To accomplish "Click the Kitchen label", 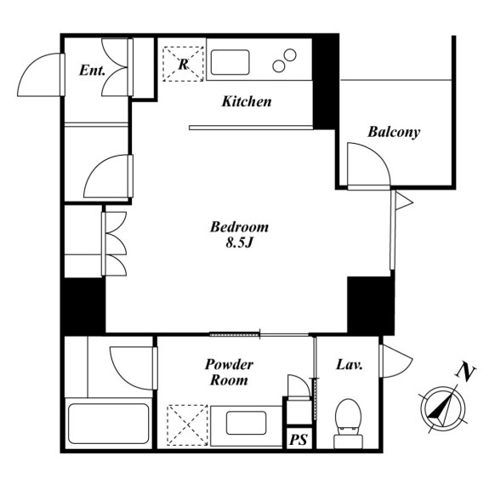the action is tap(247, 102).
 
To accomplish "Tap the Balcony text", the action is tap(394, 132).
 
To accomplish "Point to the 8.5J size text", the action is tap(240, 242).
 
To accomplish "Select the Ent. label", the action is tap(92, 70).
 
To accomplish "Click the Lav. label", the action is tap(350, 365).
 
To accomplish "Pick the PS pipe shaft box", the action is tap(299, 438).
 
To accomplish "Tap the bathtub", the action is tap(109, 424).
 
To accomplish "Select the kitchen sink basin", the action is tap(230, 62).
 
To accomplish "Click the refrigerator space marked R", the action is tap(183, 64).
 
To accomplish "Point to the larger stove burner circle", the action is tap(290, 55).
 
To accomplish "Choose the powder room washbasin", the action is tap(246, 423).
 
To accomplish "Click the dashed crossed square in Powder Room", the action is tap(187, 425).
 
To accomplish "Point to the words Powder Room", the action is tap(229, 373).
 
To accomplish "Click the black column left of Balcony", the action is tap(326, 83).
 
